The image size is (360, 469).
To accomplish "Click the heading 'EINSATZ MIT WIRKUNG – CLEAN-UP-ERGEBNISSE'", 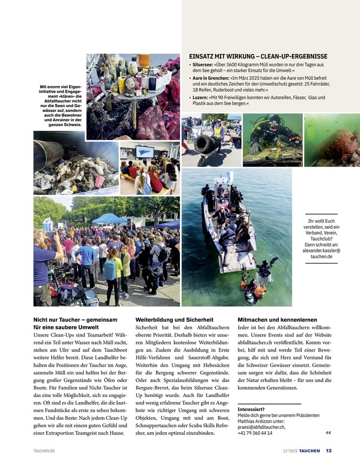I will click(258, 56).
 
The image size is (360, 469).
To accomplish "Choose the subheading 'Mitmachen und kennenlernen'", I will click(277, 320).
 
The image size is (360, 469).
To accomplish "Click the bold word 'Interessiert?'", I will click(251, 409).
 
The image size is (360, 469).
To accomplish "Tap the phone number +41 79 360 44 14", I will click(255, 433).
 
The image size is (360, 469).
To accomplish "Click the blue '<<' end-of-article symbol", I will click(328, 433).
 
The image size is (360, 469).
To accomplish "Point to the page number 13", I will click(329, 451).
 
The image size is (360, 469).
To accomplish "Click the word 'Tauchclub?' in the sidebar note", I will click(321, 239).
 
